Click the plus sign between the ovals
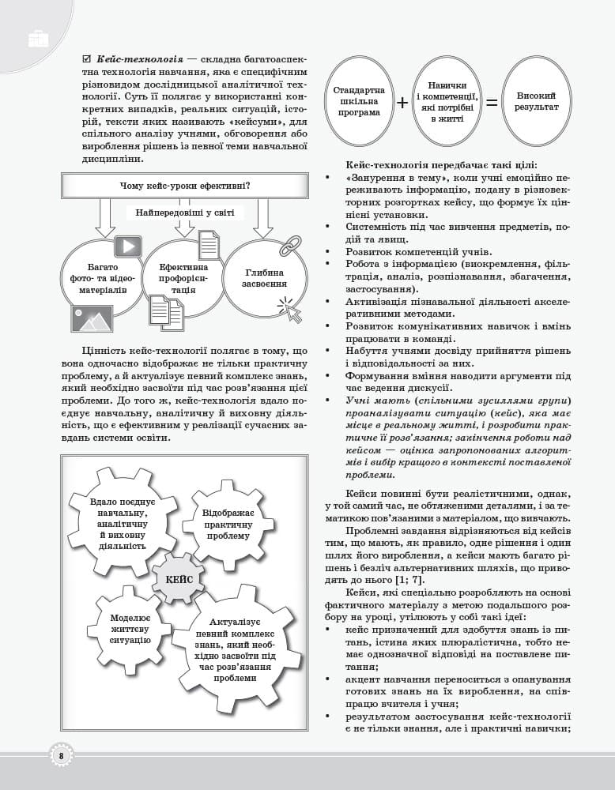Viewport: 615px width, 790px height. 402,103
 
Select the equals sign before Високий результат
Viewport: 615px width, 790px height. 492,103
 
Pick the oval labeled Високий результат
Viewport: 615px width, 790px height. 538,100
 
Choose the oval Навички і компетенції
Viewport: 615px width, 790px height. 447,101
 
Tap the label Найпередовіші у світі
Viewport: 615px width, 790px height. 185,213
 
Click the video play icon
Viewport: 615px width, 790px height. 127,246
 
